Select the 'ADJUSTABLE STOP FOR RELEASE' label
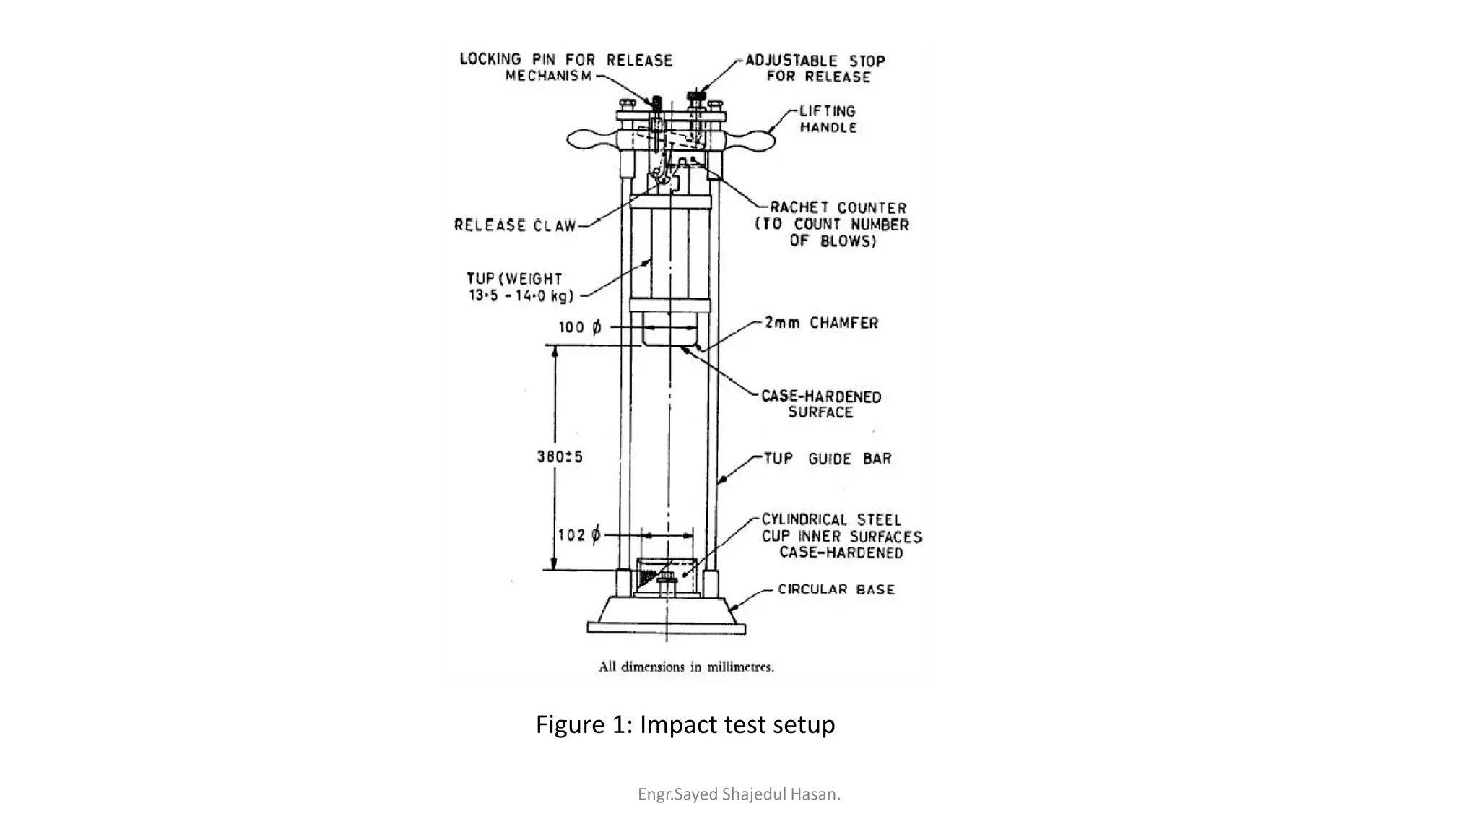tap(815, 69)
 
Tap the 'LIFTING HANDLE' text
tap(828, 119)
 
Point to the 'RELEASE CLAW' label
tap(515, 225)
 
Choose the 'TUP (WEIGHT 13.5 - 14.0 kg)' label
tap(520, 287)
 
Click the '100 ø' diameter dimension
tap(579, 327)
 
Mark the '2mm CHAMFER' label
tap(822, 323)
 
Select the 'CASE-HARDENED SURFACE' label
tap(821, 404)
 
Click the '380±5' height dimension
tap(560, 456)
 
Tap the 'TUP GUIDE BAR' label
tap(828, 459)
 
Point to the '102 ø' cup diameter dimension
tap(579, 535)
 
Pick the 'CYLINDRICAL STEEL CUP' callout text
tap(841, 536)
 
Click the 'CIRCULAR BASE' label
tap(836, 589)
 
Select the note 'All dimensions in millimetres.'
tap(686, 667)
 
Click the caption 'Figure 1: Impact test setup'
tap(685, 724)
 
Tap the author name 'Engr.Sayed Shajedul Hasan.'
tap(739, 794)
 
